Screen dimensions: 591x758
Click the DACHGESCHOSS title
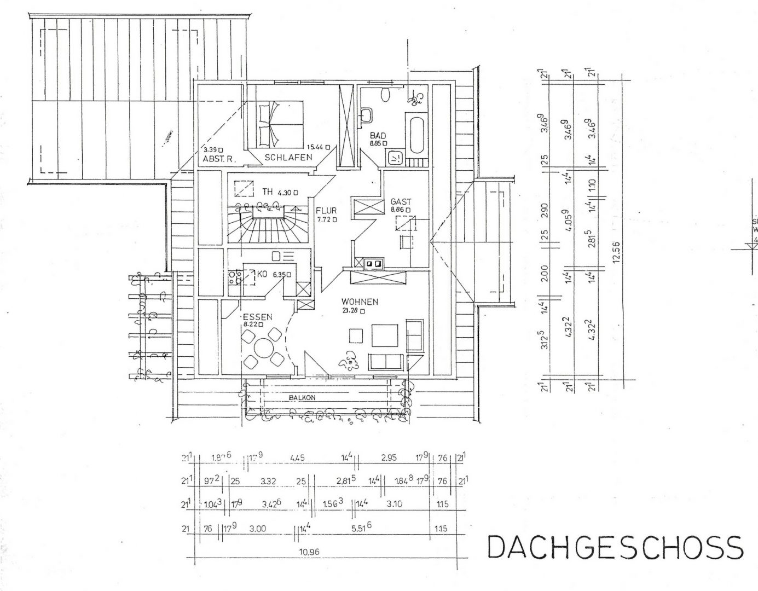pos(615,547)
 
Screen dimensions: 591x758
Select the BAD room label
pos(378,135)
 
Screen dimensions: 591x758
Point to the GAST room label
pos(400,201)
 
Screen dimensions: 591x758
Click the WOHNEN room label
pos(360,302)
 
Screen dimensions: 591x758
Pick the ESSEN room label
pos(258,316)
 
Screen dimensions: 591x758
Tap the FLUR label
pos(326,210)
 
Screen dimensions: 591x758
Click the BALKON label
pos(303,398)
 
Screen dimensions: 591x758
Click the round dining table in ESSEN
pos(264,348)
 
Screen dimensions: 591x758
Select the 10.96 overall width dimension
pos(309,551)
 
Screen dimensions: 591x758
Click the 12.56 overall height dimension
pos(617,253)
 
